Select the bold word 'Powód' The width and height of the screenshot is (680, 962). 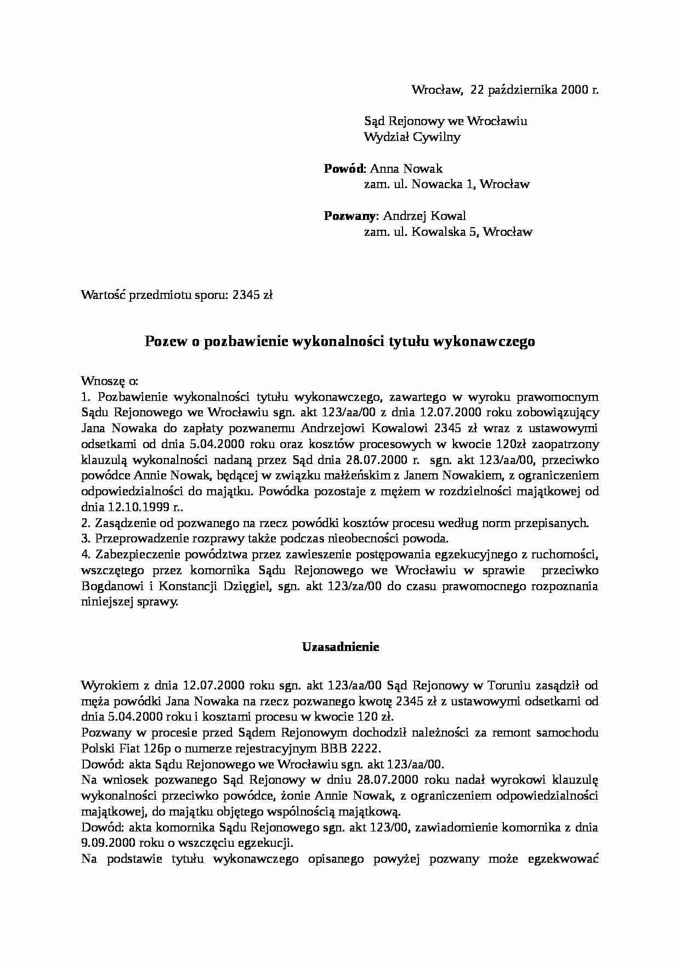pos(344,168)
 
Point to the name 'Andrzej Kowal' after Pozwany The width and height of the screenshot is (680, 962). pos(424,216)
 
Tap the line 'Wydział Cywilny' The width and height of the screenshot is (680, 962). pos(412,137)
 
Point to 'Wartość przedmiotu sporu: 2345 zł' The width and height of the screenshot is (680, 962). pos(177,295)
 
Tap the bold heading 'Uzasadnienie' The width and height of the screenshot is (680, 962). pos(341,647)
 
